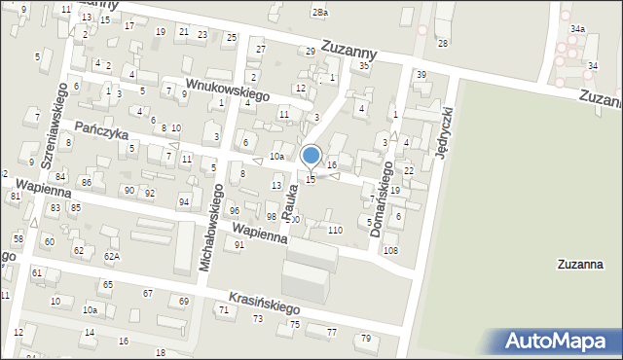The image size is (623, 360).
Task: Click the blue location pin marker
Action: (311, 156)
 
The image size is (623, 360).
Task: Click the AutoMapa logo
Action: (557, 342)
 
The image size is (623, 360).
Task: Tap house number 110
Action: (335, 230)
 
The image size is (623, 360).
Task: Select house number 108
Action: (390, 251)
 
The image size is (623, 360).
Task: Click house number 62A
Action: (112, 256)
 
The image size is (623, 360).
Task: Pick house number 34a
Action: (578, 29)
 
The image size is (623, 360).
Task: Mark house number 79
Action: (366, 338)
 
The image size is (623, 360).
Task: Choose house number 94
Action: (183, 201)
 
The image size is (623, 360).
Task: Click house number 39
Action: (421, 75)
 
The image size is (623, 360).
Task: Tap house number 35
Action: (364, 65)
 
